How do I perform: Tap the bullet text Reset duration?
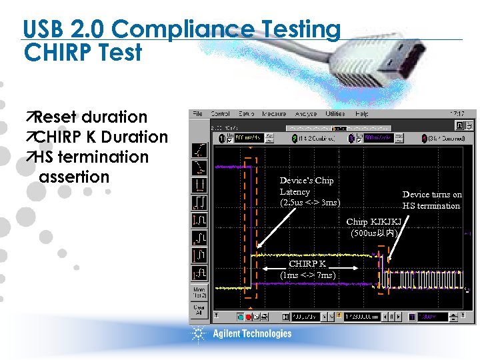90,117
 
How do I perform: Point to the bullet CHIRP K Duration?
100,137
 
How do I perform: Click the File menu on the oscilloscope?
197,114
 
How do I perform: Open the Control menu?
221,114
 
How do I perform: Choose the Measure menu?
274,114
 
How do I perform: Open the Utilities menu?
335,114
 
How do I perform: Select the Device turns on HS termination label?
432,200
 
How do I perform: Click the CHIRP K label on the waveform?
307,263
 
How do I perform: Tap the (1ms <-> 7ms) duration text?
308,275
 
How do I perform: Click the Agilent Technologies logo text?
252,334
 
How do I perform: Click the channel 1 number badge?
221,138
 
